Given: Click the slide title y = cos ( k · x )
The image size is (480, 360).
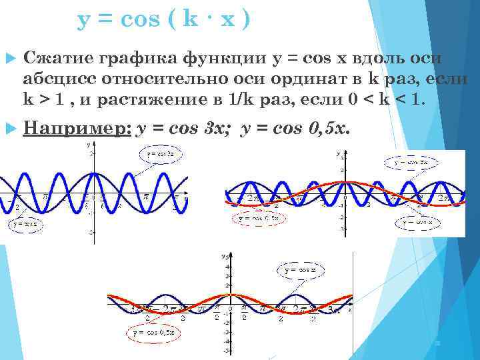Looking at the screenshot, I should click(164, 20).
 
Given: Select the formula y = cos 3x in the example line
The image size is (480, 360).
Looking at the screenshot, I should click(183, 128).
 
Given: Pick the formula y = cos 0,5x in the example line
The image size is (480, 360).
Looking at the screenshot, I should click(293, 128).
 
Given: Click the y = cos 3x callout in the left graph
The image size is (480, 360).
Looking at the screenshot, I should click(161, 155).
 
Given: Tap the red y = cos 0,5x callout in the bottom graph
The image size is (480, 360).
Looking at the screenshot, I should click(153, 331).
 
